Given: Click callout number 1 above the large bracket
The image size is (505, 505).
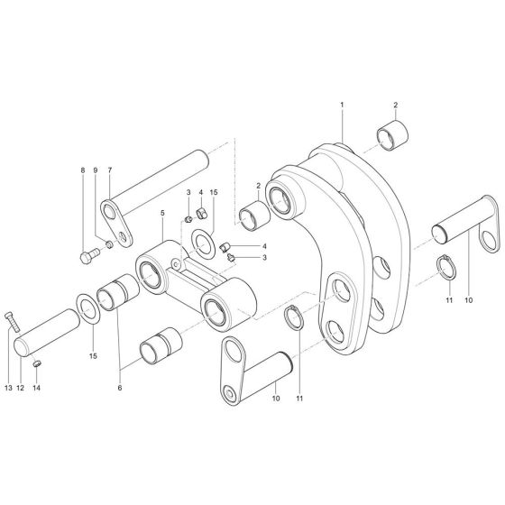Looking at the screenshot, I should click(342, 106).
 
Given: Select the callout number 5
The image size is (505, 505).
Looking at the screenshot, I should click(162, 215).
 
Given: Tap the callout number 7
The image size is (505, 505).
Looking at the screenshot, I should click(109, 170).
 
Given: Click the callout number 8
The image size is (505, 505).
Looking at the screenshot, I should click(82, 170).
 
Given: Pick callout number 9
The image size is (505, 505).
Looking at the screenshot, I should click(96, 170).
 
